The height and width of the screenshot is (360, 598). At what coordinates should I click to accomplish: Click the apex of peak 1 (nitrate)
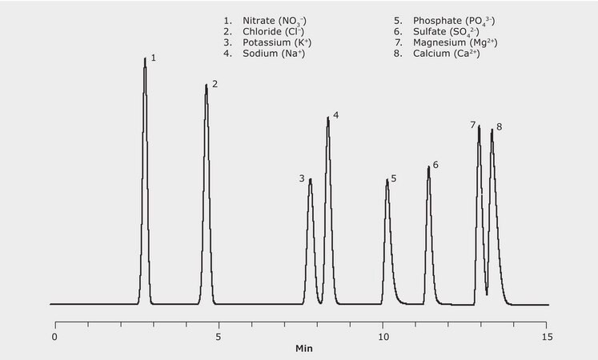[145, 58]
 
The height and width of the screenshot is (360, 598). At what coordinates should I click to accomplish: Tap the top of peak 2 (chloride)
[206, 85]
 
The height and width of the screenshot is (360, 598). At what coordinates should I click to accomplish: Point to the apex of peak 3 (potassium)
[310, 179]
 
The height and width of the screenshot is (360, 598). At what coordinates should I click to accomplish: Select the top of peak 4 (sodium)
[327, 118]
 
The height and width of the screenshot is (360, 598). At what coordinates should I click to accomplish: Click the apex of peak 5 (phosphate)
[387, 179]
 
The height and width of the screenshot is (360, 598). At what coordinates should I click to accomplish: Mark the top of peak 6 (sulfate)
[428, 166]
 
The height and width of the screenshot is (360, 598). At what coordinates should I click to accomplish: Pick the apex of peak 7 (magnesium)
[479, 126]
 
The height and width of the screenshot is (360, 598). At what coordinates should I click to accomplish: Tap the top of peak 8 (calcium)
[492, 129]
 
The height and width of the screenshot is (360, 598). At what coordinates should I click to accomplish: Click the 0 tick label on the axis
[54, 337]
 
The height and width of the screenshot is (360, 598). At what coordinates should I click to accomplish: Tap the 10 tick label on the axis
[383, 337]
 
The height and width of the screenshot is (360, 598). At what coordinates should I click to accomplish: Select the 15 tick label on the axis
[547, 337]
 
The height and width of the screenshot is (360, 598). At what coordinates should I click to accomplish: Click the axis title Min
[304, 350]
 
